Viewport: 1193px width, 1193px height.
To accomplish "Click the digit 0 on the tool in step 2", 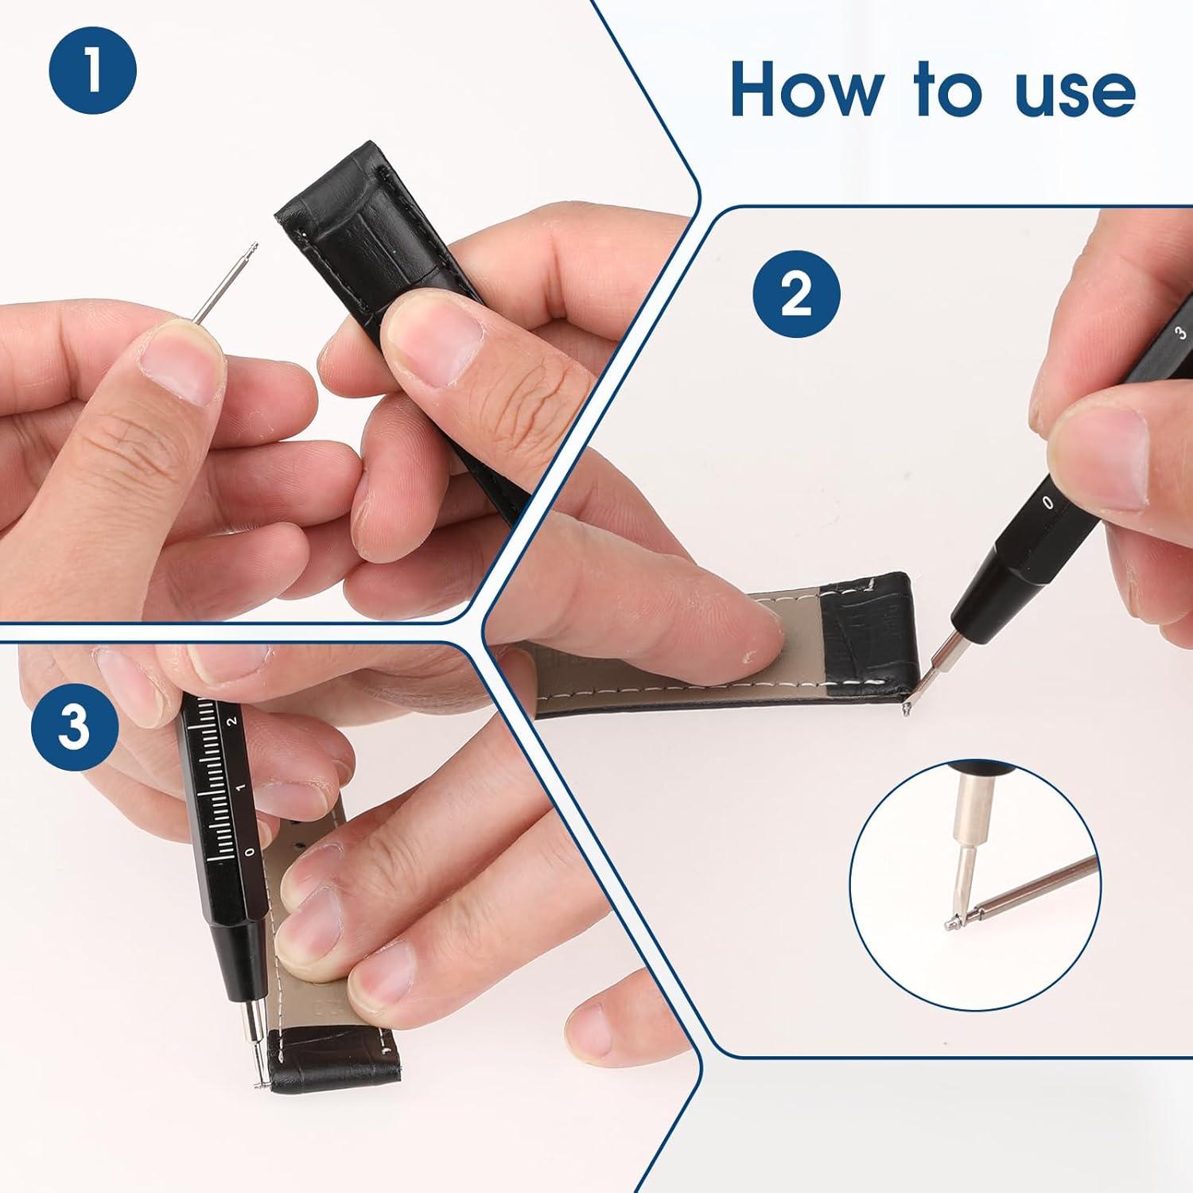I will [1048, 502].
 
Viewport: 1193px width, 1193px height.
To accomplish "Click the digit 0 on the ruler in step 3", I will [251, 853].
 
